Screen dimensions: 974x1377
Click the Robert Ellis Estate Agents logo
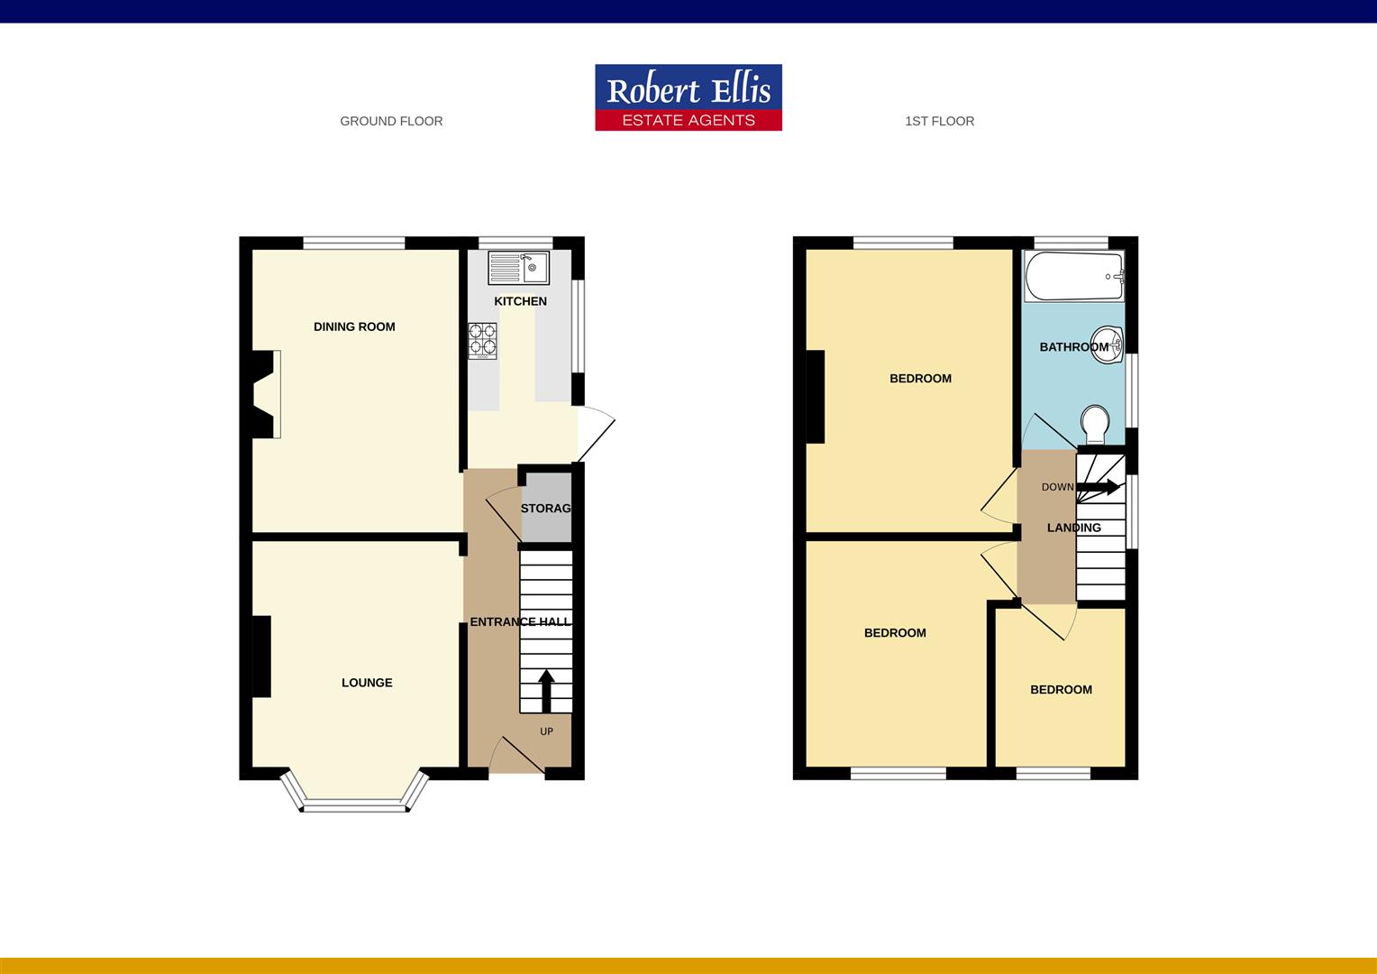tap(688, 97)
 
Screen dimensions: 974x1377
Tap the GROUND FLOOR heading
tap(391, 121)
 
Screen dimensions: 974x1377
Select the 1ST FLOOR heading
tap(939, 121)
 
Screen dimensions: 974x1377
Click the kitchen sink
tap(519, 268)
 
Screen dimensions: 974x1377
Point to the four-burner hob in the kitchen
tap(482, 341)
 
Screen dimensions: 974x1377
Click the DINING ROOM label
tap(354, 326)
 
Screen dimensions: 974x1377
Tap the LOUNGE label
tap(367, 683)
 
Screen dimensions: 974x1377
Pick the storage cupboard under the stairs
tap(546, 509)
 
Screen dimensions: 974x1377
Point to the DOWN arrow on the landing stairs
tap(1099, 487)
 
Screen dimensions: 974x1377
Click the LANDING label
tap(1073, 528)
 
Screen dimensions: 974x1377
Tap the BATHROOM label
tap(1073, 346)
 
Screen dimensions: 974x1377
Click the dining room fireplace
tap(264, 394)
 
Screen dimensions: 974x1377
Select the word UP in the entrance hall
tap(546, 731)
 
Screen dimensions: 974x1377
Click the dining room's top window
tap(354, 242)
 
